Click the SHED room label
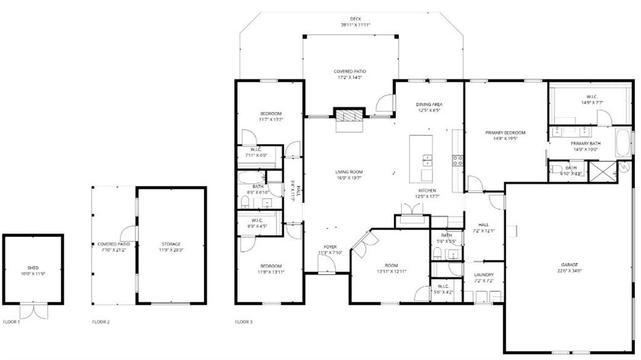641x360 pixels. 33,267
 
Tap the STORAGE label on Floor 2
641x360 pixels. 171,244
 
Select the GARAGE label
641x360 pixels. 569,264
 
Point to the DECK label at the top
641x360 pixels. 356,19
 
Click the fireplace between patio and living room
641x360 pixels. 349,115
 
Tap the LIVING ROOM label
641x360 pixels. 349,172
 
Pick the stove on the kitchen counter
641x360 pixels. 458,160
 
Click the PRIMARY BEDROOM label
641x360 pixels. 505,133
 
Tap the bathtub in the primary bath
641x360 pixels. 623,143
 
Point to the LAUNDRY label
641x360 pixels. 484,275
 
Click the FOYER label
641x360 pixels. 330,247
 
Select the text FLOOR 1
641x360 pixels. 11,322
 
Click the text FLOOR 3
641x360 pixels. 244,322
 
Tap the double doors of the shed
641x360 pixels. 29,310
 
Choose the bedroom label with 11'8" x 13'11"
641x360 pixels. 270,265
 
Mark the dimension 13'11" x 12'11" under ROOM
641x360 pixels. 392,271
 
